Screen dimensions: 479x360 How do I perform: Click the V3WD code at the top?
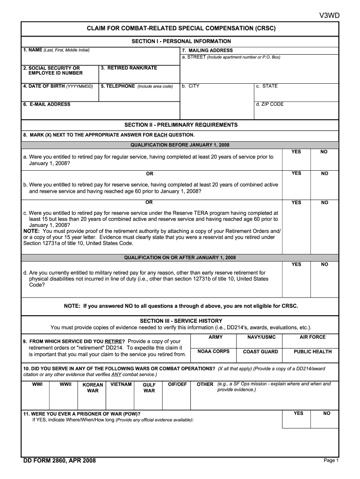pos(329,16)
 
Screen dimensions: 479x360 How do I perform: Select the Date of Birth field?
pos(60,94)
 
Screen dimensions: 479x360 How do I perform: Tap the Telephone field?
pos(139,94)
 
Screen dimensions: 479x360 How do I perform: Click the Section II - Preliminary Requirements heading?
pos(180,125)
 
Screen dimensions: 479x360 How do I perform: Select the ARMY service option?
pos(215,341)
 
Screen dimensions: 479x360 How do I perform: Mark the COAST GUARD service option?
pos(260,355)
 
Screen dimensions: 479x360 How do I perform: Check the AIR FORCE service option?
pos(312,341)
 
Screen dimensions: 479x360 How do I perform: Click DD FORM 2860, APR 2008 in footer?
pos(59,461)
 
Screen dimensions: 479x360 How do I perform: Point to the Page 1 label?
pos(330,461)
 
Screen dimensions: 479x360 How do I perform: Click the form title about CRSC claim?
pos(181,29)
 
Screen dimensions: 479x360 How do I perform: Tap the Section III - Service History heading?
pos(181,321)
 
